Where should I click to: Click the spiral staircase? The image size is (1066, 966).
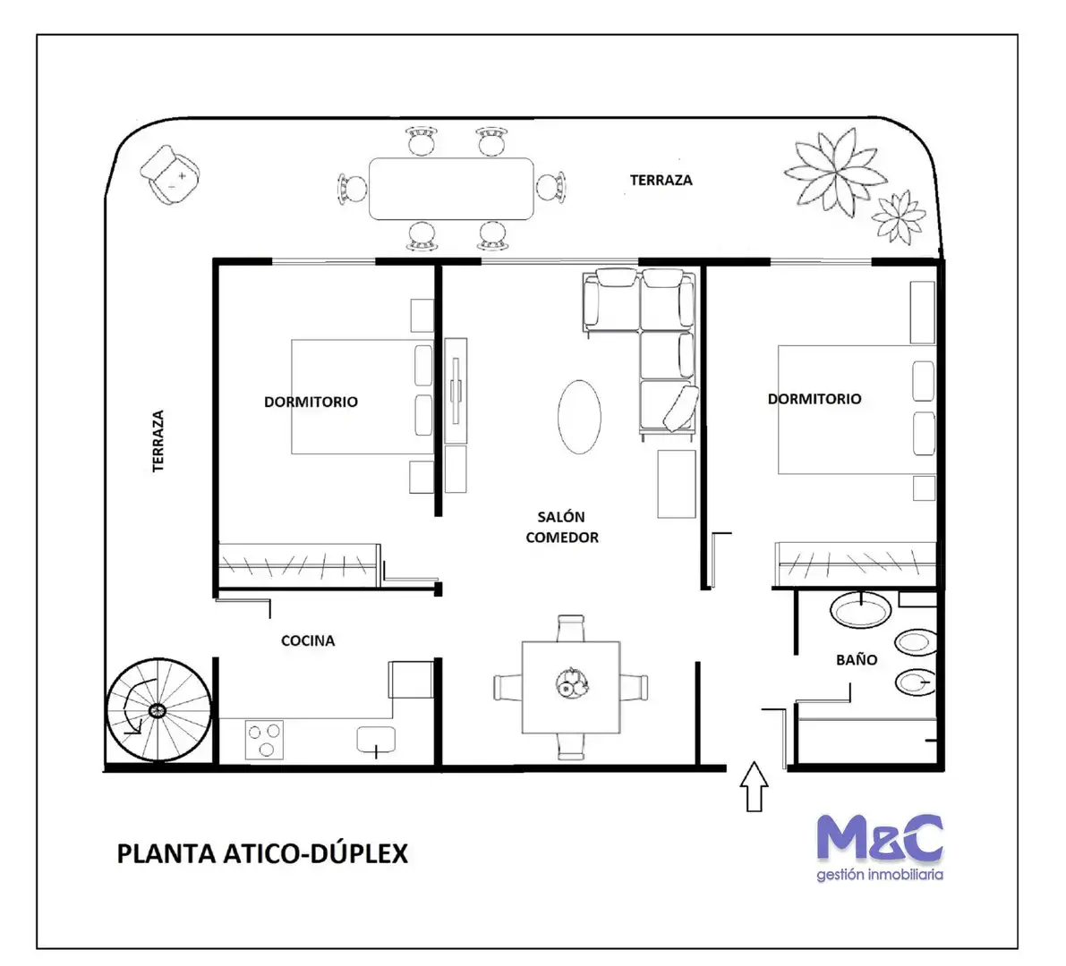[158, 710]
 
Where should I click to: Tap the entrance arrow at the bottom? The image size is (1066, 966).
[754, 786]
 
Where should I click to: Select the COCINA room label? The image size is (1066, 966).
[308, 640]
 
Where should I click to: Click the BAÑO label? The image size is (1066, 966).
[857, 659]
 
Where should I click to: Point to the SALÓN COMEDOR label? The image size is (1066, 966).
[562, 527]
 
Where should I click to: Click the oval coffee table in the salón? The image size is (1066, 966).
[579, 417]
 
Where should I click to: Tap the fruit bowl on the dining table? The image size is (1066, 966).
[572, 682]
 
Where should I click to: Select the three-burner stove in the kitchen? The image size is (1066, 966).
[264, 740]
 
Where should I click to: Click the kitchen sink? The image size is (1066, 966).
[376, 740]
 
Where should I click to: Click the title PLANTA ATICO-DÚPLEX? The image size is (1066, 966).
[262, 854]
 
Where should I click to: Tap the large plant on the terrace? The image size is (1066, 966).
[836, 171]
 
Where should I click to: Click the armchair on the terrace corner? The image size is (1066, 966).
[170, 174]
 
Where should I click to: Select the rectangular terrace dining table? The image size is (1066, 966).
[451, 189]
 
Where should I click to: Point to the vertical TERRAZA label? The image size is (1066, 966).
[158, 441]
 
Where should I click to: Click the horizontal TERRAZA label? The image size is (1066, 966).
[661, 180]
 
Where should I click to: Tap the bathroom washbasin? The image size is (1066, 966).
[861, 610]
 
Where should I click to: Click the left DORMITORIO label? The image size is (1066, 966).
[311, 402]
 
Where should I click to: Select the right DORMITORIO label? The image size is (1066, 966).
[814, 399]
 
